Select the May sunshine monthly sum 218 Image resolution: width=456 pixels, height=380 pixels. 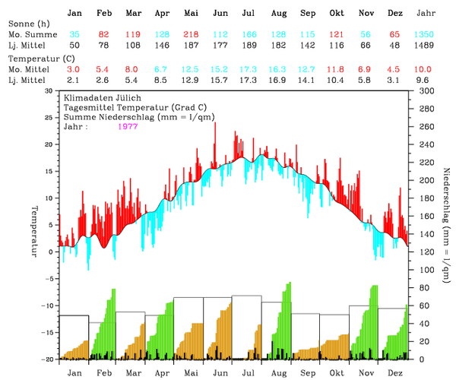[191, 35]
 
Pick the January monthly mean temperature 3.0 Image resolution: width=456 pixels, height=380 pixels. [74, 69]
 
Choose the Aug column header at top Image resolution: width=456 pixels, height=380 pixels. [278, 14]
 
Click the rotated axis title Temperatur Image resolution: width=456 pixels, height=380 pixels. [34, 229]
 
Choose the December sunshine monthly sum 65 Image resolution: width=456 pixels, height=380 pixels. [395, 35]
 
